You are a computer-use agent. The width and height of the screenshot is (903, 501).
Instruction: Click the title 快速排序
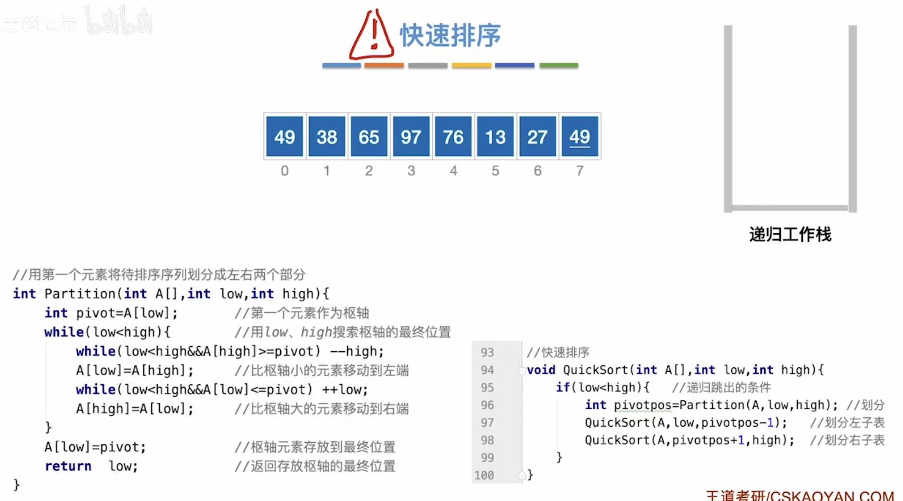point(450,35)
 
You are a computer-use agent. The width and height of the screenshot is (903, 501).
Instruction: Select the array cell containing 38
point(326,137)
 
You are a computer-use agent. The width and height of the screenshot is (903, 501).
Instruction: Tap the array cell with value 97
point(411,137)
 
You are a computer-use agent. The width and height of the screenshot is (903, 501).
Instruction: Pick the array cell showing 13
point(495,137)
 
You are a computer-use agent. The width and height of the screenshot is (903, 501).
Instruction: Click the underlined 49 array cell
point(579,137)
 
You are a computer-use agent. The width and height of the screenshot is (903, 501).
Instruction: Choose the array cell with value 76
point(453,137)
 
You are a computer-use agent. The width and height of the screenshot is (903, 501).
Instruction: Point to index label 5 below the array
point(495,171)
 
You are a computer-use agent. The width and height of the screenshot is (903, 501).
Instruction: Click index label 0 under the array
point(285,171)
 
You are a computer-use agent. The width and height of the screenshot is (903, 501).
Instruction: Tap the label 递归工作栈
point(790,234)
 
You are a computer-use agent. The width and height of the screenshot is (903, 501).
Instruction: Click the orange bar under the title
point(384,65)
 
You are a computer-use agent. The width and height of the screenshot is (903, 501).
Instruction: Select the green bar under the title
point(559,65)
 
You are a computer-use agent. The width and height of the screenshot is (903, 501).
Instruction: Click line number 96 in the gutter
point(487,405)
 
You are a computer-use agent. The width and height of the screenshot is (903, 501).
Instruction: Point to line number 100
point(484,475)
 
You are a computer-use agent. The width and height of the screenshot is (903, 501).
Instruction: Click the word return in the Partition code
point(68,466)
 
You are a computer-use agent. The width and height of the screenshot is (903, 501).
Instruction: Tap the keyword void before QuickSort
point(541,370)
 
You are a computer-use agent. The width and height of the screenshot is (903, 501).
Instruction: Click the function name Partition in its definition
point(80,294)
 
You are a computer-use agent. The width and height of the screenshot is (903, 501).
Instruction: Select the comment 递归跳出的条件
point(722,388)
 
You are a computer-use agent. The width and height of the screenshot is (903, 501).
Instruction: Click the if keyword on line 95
point(562,388)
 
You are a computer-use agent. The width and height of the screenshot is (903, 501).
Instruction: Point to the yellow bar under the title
point(471,65)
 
